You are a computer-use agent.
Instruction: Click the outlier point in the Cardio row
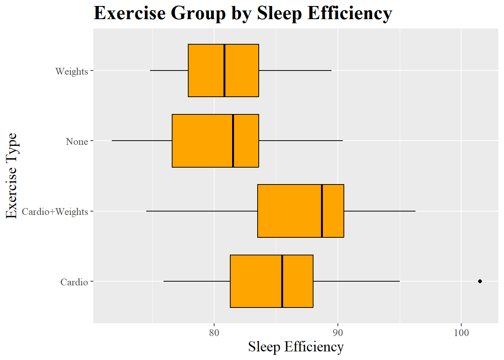(x=480, y=281)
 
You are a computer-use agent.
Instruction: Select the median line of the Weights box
(x=224, y=70)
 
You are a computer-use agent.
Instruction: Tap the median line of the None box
(x=233, y=141)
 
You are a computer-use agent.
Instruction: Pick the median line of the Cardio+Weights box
(x=322, y=211)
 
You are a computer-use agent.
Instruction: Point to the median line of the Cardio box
(x=282, y=281)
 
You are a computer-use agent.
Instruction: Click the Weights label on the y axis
(x=71, y=71)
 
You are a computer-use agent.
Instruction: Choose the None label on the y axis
(x=76, y=141)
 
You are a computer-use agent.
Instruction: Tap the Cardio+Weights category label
(x=55, y=211)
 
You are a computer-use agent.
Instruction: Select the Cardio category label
(x=74, y=282)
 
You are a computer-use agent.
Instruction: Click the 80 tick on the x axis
(x=214, y=333)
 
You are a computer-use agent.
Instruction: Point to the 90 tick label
(x=337, y=333)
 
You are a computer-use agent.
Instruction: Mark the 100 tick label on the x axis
(x=461, y=333)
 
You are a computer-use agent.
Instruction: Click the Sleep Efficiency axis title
(x=295, y=346)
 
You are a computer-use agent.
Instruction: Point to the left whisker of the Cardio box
(x=197, y=281)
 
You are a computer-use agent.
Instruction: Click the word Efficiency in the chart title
(x=349, y=13)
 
